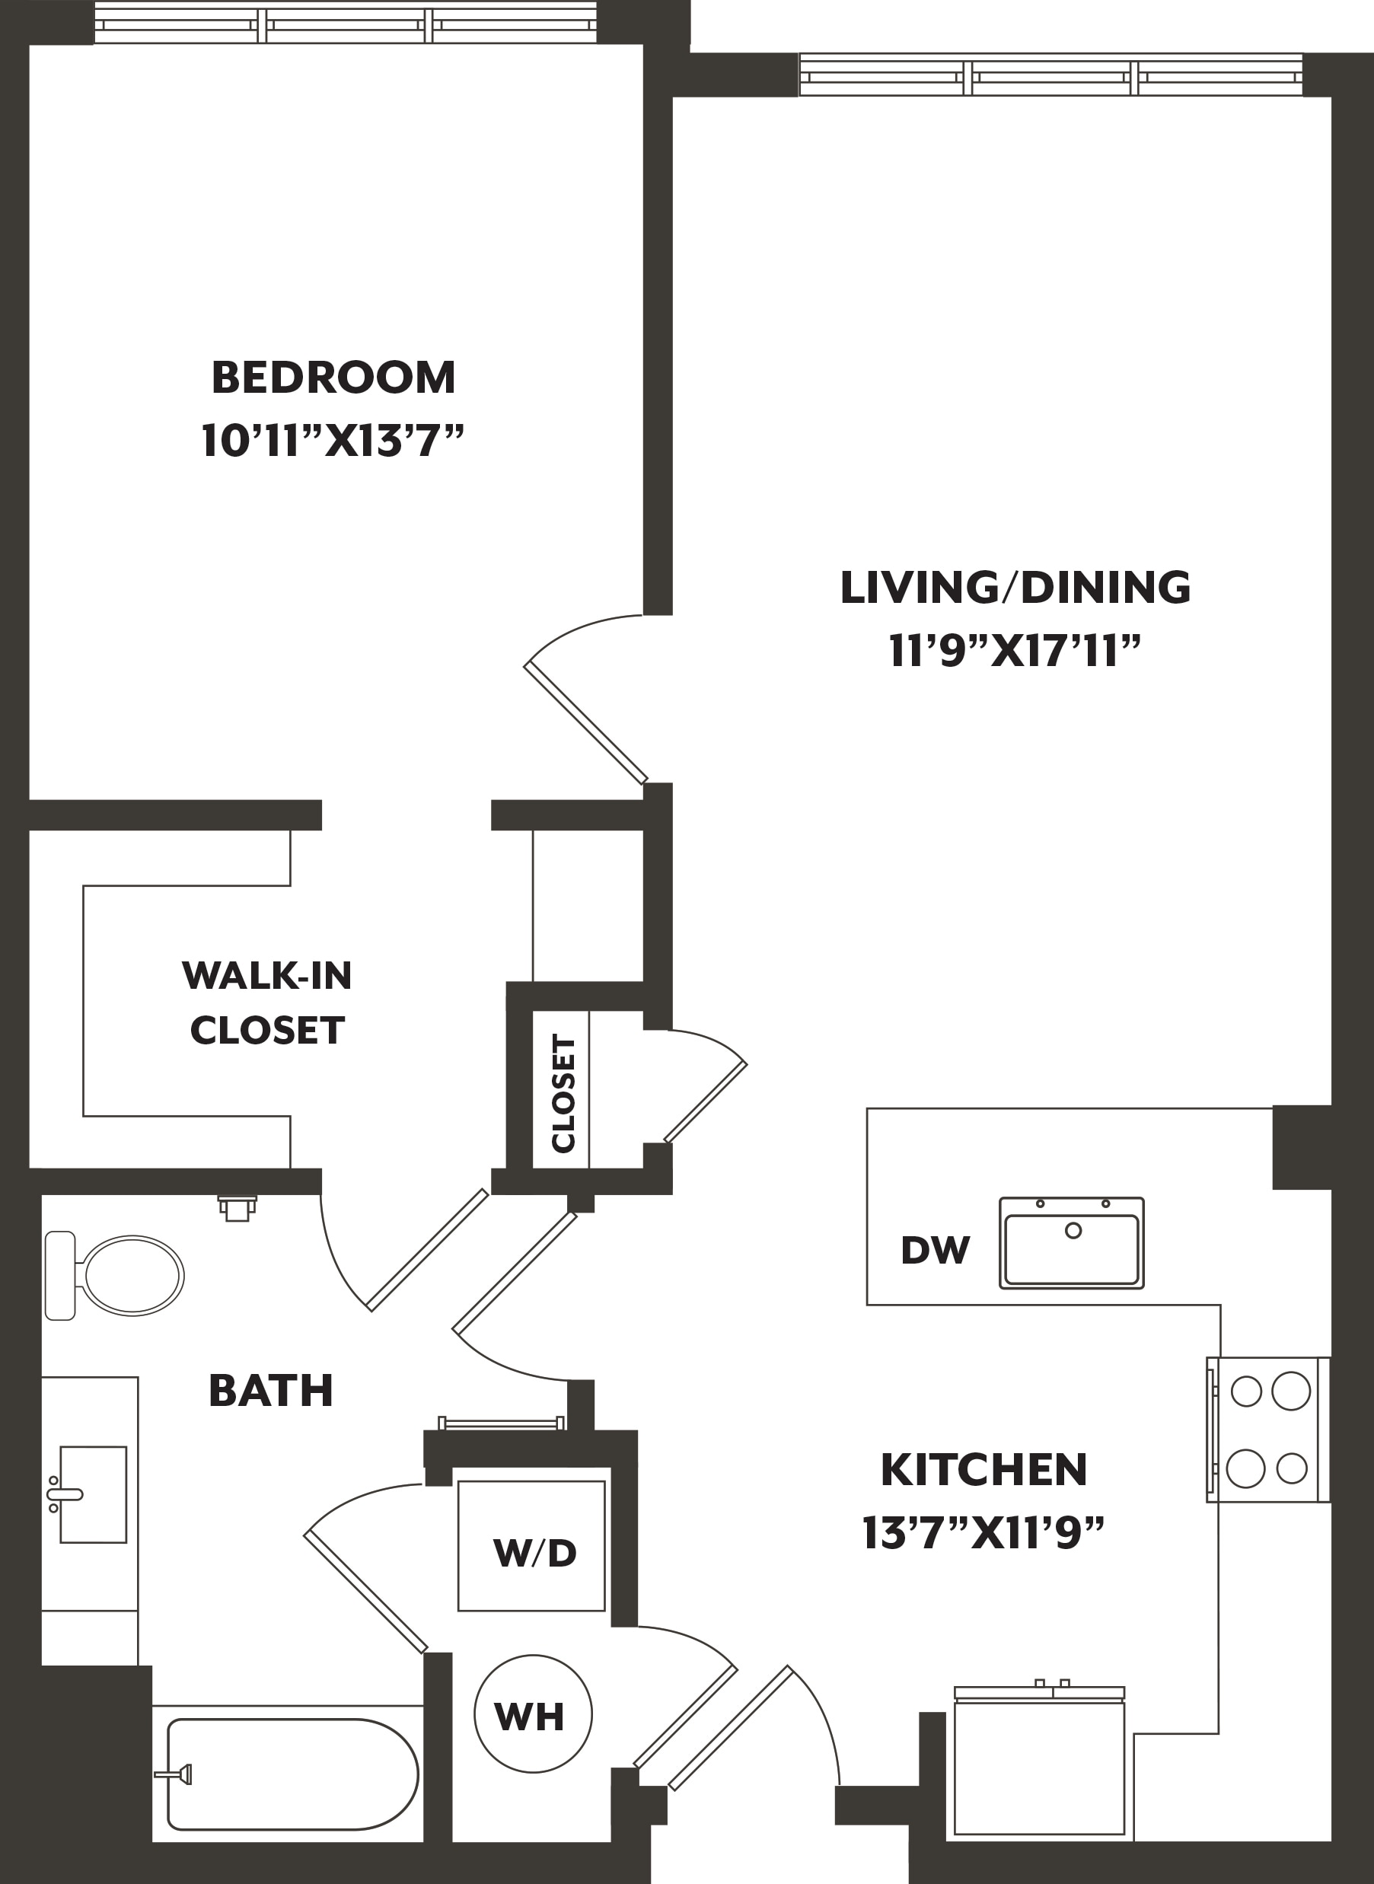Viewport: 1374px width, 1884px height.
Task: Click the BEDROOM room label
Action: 333,378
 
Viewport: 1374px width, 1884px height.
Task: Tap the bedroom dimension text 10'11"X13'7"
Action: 332,440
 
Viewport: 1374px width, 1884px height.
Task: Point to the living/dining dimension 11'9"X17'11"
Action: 1014,651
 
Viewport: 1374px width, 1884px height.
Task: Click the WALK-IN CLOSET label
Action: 267,1003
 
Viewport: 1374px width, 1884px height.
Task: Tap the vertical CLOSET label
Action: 563,1094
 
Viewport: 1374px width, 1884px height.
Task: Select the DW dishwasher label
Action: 935,1250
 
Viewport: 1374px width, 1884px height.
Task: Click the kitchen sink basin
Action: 1071,1243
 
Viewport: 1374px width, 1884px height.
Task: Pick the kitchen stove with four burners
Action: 1268,1429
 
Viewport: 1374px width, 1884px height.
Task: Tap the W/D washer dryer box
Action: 531,1545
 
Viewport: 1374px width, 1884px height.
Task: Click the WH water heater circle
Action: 532,1715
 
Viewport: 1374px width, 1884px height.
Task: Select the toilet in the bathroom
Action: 115,1276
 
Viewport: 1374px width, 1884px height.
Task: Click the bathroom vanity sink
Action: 91,1495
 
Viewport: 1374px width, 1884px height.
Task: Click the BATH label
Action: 271,1391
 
